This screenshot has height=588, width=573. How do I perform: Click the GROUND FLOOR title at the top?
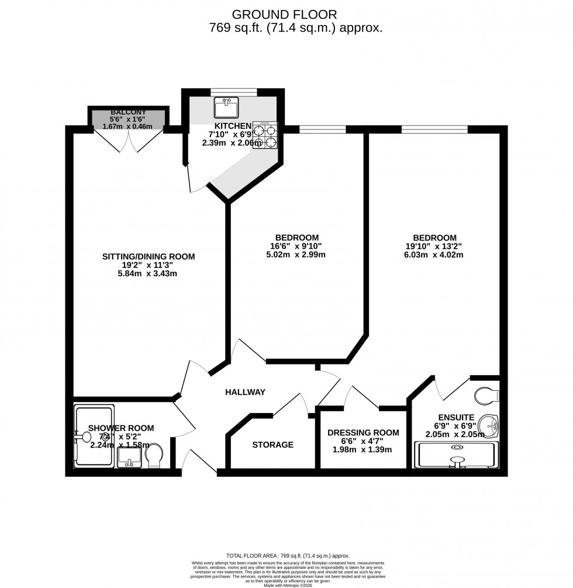tap(284, 13)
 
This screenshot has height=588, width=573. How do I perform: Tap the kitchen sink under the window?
tap(225, 108)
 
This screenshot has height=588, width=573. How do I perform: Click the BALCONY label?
tap(128, 112)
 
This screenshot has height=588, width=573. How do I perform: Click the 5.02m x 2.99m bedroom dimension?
tap(297, 255)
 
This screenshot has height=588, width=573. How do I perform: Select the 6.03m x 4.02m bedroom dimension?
tap(434, 255)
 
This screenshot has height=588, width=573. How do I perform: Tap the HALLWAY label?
tap(246, 392)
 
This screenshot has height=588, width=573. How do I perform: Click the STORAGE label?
tap(272, 445)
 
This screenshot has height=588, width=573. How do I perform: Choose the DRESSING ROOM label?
tap(363, 432)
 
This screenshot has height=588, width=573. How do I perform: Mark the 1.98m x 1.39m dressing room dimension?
tap(363, 449)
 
